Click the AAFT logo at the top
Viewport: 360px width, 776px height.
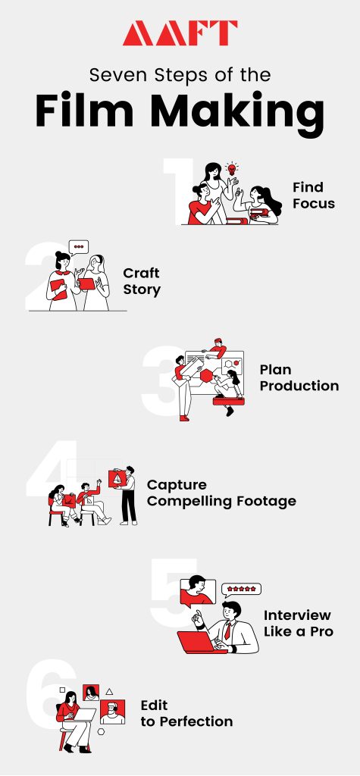click(180, 33)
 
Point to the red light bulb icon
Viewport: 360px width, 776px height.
click(233, 169)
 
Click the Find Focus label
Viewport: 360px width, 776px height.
click(313, 195)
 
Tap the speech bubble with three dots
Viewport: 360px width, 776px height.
click(79, 246)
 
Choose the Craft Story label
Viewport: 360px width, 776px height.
click(142, 281)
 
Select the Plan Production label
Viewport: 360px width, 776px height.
click(299, 377)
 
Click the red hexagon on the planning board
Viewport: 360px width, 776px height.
click(206, 377)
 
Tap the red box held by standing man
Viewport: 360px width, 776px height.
click(117, 480)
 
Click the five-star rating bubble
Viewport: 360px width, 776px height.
click(241, 589)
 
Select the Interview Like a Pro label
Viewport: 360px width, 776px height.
click(298, 622)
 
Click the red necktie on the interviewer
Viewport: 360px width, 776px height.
click(226, 630)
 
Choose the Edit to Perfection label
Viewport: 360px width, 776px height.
click(186, 713)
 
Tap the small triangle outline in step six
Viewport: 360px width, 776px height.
click(109, 691)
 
